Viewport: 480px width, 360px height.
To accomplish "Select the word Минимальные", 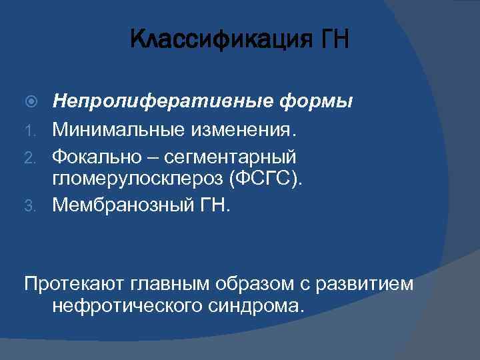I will tap(117, 128).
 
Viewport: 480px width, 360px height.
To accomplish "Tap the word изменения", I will tap(243, 128).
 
